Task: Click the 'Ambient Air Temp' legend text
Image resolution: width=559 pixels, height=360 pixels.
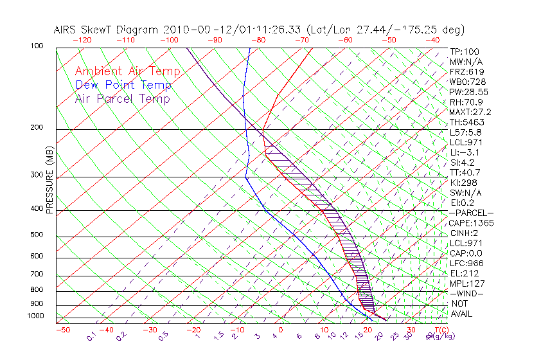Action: pos(127,71)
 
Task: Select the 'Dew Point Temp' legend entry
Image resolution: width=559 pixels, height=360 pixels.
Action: pos(123,85)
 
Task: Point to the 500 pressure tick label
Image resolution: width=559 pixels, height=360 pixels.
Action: pos(37,235)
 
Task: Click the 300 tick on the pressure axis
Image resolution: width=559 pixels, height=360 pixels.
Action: pos(37,175)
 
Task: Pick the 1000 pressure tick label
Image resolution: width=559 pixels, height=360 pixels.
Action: pos(35,316)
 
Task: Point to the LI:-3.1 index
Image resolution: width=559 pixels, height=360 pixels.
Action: pos(463,152)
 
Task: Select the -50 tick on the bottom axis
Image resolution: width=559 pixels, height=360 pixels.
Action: pos(62,330)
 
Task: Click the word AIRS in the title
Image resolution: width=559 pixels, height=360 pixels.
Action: pos(66,30)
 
